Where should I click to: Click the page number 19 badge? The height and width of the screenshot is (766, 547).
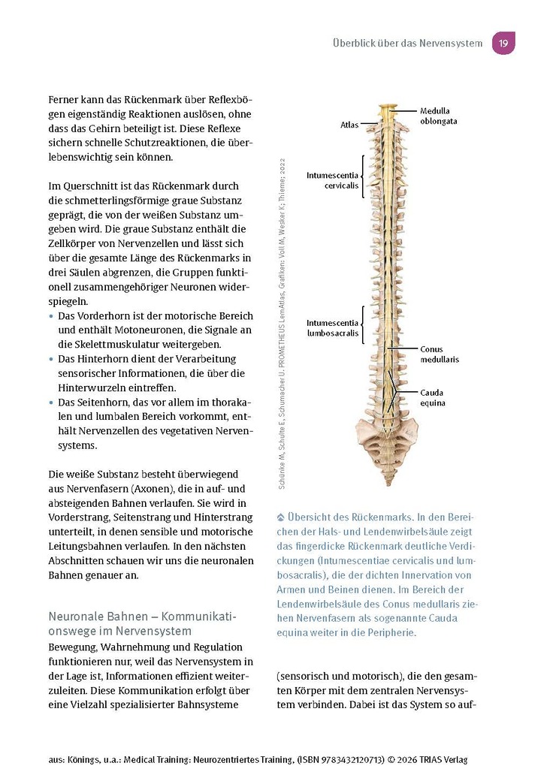click(503, 43)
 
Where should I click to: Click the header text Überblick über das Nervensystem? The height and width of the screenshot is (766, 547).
click(407, 43)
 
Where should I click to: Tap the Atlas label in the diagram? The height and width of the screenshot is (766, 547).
click(349, 125)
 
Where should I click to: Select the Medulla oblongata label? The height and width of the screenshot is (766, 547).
click(439, 116)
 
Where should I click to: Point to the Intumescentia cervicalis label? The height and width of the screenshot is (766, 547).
click(332, 179)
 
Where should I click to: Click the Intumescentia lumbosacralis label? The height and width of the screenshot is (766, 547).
click(332, 327)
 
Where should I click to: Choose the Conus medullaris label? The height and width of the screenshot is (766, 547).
click(439, 354)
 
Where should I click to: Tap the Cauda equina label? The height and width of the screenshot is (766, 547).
click(433, 397)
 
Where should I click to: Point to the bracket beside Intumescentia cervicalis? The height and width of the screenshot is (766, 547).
click(363, 179)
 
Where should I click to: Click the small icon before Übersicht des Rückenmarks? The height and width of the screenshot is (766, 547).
click(281, 517)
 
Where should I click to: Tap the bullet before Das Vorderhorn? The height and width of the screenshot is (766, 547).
click(51, 316)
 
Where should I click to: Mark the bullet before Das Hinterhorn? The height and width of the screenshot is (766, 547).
click(51, 360)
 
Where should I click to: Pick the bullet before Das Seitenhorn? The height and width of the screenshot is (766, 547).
click(51, 403)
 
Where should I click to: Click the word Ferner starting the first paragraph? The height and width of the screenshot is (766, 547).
click(65, 100)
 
